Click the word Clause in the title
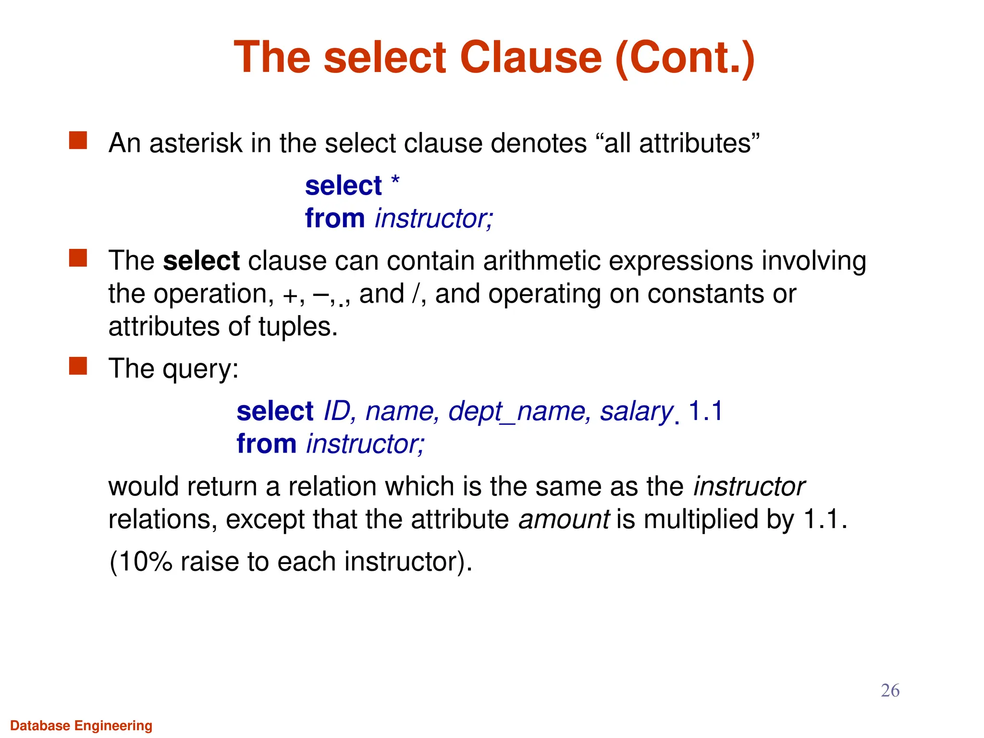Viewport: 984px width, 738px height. [x=530, y=57]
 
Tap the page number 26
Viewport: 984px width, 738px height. [x=890, y=690]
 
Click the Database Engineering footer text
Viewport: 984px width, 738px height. [x=81, y=726]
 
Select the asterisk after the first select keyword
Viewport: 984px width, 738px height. [x=395, y=181]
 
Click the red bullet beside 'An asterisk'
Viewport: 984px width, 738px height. [x=78, y=141]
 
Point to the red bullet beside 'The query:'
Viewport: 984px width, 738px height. [x=78, y=366]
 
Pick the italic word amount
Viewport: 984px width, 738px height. [x=564, y=519]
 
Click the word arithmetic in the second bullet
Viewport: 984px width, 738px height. [x=542, y=261]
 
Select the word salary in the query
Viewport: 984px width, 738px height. [x=636, y=412]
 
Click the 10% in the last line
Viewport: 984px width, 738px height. [x=146, y=561]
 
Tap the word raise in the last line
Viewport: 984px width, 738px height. [x=209, y=561]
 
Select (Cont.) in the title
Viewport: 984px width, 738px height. [x=685, y=57]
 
